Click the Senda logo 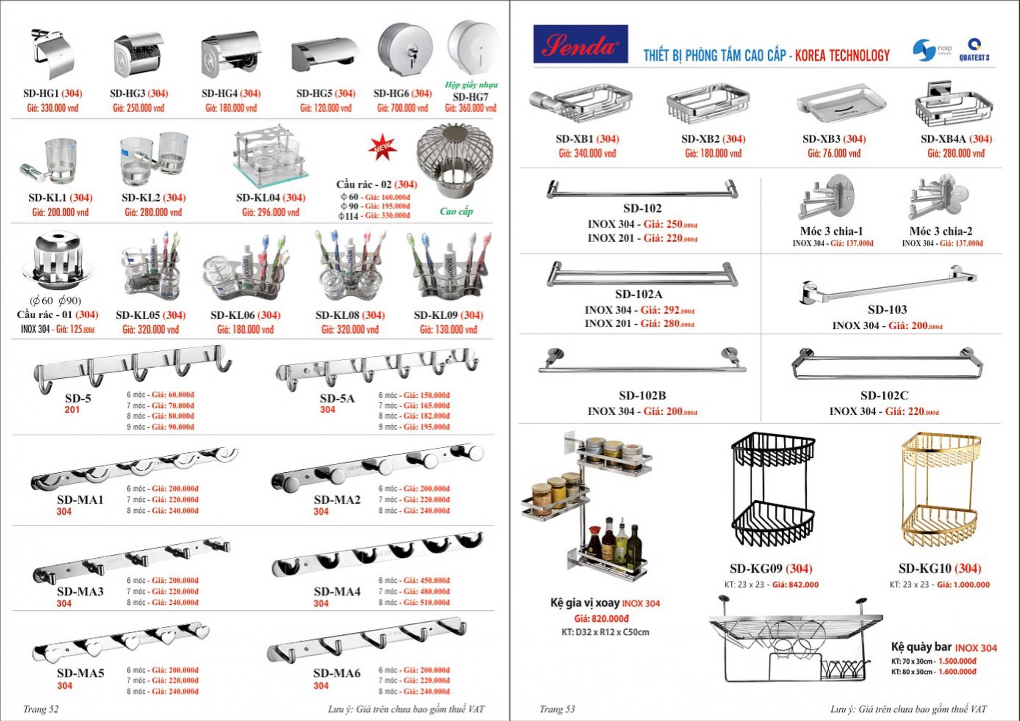pyautogui.click(x=580, y=44)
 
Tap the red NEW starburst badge pyautogui.click(x=382, y=147)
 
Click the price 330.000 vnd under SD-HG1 pyautogui.click(x=53, y=108)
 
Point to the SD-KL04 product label pyautogui.click(x=270, y=198)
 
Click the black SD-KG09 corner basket pyautogui.click(x=772, y=490)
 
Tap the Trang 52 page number pyautogui.click(x=41, y=709)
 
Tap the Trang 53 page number pyautogui.click(x=557, y=709)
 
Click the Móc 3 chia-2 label pyautogui.click(x=940, y=231)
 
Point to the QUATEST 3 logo pyautogui.click(x=974, y=50)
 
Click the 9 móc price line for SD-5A pyautogui.click(x=414, y=427)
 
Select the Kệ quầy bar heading pyautogui.click(x=921, y=647)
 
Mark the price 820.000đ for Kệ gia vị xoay pyautogui.click(x=601, y=619)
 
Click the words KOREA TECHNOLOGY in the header pyautogui.click(x=842, y=56)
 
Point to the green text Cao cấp pyautogui.click(x=456, y=212)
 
